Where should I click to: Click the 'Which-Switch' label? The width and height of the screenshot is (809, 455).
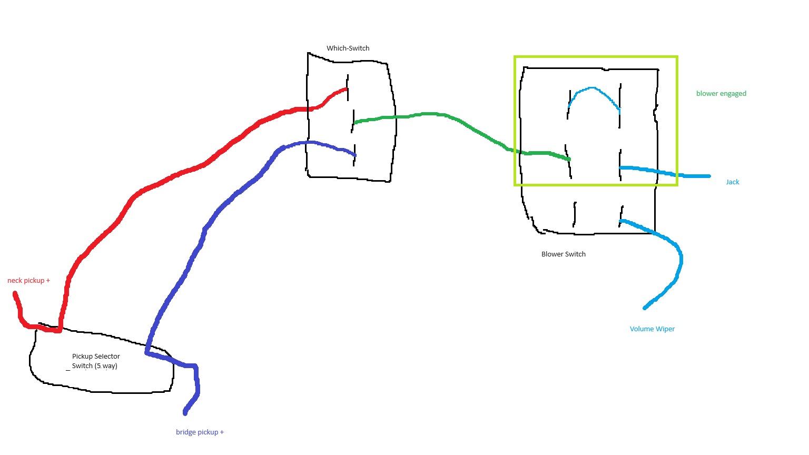(348, 48)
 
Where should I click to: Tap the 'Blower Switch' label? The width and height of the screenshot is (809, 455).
(563, 254)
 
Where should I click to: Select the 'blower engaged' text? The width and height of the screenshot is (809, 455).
(721, 94)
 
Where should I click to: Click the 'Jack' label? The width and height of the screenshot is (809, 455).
(732, 182)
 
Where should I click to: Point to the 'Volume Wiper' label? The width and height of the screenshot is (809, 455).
(652, 329)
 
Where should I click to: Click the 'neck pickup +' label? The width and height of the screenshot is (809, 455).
(28, 281)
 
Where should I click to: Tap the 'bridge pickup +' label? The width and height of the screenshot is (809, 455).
(200, 432)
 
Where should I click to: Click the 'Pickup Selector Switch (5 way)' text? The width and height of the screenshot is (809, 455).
(95, 361)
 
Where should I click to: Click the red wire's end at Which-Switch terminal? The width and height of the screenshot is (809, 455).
(347, 90)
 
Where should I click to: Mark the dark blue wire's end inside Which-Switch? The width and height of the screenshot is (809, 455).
(354, 155)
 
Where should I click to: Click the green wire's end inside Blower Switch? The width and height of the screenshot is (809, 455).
(569, 159)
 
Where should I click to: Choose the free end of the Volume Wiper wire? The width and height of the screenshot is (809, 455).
(645, 308)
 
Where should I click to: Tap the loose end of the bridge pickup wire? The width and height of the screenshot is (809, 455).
(185, 412)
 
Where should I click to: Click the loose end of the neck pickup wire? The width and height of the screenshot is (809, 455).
(15, 293)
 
